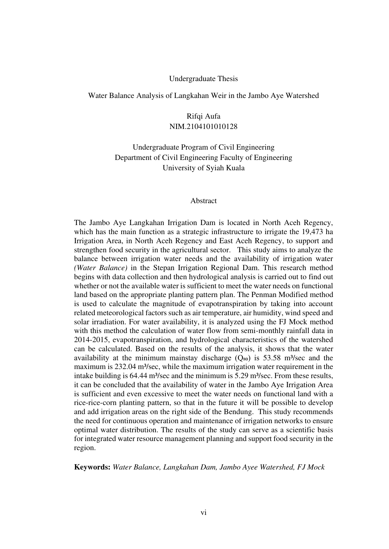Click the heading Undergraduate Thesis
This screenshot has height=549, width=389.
pos(203,79)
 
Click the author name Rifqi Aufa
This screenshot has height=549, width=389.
pos(203,116)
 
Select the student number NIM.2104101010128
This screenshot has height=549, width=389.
pos(203,127)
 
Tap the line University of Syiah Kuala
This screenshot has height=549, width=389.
pos(203,168)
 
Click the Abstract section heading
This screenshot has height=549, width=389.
pos(203,201)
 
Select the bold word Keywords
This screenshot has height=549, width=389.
pos(92,468)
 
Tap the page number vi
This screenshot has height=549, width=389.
pos(203,513)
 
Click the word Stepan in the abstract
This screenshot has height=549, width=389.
pos(165,268)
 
